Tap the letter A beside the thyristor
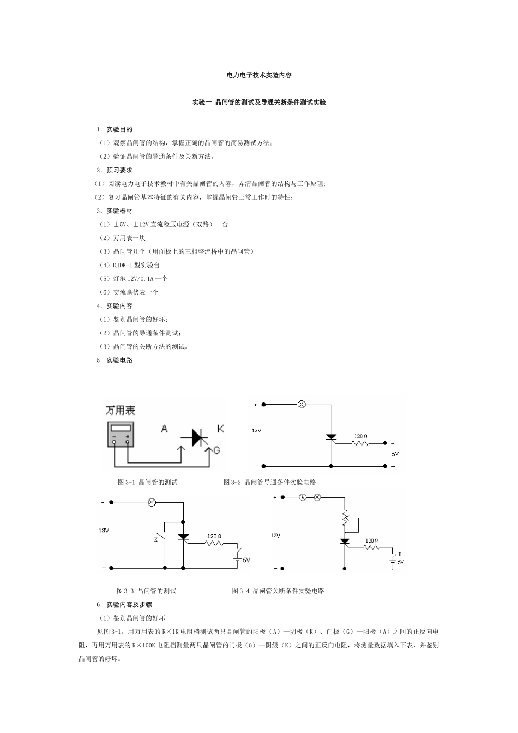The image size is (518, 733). coord(164,429)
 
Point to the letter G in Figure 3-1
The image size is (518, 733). coord(216,450)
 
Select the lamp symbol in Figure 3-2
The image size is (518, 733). coord(300,405)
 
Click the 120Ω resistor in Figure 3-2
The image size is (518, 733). coord(360,443)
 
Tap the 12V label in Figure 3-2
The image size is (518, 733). coord(257,430)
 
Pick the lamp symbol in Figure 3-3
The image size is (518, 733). coord(153,502)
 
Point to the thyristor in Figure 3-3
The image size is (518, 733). coord(184,537)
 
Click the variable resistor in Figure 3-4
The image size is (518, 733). coord(344,518)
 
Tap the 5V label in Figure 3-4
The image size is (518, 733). coord(401,562)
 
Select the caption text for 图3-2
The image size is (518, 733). coord(270,482)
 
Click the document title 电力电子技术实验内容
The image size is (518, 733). coord(259,75)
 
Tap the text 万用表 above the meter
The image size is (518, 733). coord(120,410)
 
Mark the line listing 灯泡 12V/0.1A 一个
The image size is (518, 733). coord(133,279)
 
